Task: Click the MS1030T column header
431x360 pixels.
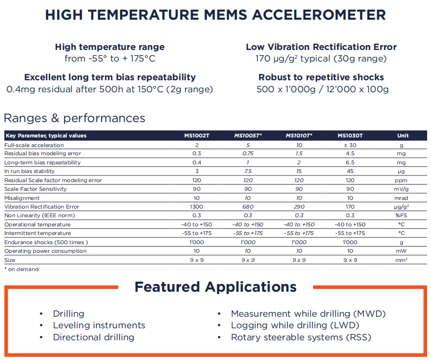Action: point(350,136)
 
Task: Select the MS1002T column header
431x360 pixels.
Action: point(197,136)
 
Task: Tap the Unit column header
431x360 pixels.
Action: point(403,136)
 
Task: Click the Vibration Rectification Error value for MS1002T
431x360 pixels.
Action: point(197,207)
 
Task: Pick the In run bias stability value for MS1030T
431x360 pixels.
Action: point(350,171)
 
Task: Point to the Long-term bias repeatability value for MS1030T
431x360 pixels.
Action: point(350,162)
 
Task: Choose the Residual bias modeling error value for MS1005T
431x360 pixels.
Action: point(248,153)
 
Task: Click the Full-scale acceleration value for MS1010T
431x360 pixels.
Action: point(299,145)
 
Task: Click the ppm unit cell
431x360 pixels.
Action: point(403,180)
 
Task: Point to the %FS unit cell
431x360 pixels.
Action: point(403,216)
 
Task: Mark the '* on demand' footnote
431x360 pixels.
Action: point(21,269)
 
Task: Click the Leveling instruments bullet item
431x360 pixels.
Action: point(99,325)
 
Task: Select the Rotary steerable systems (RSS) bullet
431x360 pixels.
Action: point(301,337)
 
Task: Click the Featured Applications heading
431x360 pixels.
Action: point(215,287)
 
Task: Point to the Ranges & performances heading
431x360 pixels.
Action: point(75,118)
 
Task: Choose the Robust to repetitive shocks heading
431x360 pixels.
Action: point(321,77)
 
